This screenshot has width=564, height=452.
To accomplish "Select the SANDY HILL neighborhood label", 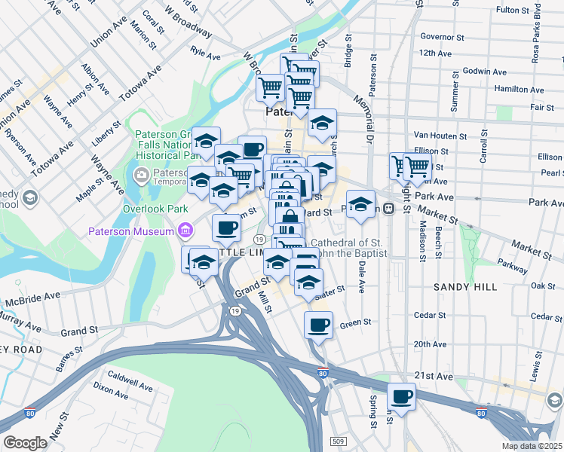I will [464, 288].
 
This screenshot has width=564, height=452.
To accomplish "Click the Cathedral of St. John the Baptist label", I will [348, 248].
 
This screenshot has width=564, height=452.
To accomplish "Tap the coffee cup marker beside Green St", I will [318, 325].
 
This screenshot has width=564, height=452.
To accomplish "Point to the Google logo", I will [25, 443].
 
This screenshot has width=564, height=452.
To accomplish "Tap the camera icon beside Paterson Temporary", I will [140, 176].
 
